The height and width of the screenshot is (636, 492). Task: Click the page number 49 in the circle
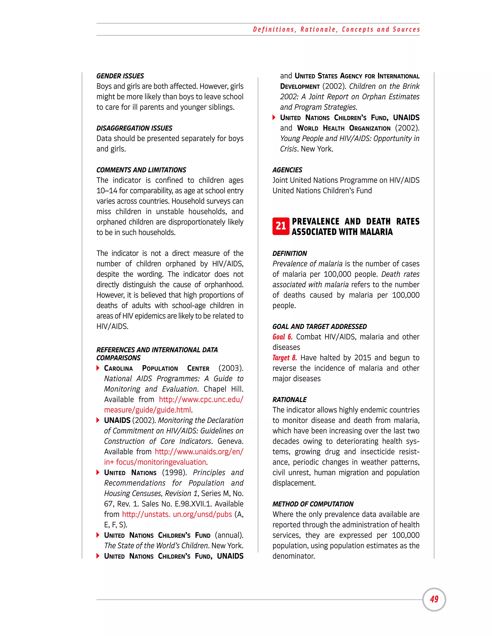click(434, 599)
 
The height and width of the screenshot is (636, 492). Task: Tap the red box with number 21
click(281, 226)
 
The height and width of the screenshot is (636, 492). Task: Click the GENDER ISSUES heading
click(120, 76)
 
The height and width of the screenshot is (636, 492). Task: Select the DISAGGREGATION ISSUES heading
click(134, 128)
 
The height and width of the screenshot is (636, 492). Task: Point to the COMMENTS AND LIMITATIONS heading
click(141, 170)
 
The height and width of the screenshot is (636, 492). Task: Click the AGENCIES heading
click(287, 170)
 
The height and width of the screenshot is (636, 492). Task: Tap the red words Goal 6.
click(282, 337)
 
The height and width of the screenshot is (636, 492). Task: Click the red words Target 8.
click(284, 358)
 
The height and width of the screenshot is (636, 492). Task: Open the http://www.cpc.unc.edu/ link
click(201, 400)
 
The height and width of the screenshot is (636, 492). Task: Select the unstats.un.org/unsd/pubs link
click(177, 514)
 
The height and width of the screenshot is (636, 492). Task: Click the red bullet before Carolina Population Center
click(98, 368)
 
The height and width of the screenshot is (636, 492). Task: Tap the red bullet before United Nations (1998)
click(98, 473)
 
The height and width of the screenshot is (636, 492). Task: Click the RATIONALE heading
click(289, 400)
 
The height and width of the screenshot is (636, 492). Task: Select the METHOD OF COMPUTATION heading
click(313, 504)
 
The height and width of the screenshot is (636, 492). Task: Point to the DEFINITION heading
click(289, 253)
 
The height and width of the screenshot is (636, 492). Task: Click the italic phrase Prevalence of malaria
click(307, 264)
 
